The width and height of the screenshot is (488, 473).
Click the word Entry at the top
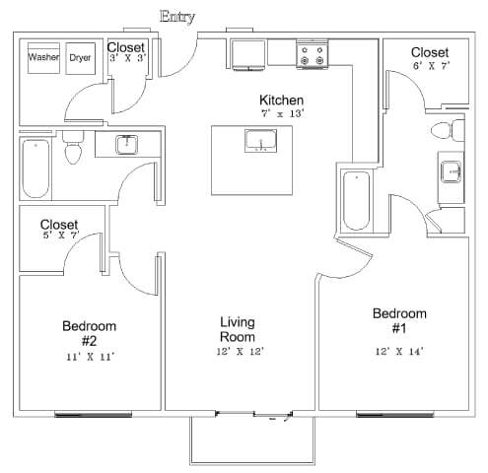tap(177, 16)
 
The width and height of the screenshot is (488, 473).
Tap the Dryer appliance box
tap(80, 58)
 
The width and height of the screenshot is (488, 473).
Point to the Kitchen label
tap(281, 101)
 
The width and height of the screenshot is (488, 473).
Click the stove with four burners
tap(313, 56)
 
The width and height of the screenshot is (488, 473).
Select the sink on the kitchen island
tap(260, 143)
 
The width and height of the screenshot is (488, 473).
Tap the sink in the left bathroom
tap(126, 145)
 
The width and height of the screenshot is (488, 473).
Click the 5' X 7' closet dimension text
tap(58, 236)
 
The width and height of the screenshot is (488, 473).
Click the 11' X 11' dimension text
tap(90, 358)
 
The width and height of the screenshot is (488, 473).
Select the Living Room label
tap(238, 328)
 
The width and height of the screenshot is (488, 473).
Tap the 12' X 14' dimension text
tap(399, 351)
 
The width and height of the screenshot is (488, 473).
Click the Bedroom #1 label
tap(399, 320)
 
